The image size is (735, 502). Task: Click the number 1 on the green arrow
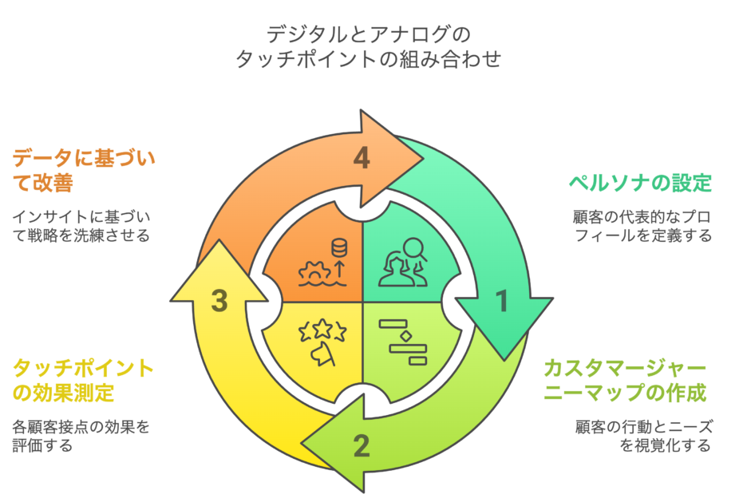coord(501,301)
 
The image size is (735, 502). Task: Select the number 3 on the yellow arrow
coord(220,301)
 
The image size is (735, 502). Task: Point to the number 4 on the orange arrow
coord(362,159)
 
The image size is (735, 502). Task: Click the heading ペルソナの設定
coord(639,183)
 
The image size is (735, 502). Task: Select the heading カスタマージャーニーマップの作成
coord(626,381)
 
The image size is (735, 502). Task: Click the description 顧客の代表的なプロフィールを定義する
coord(642,226)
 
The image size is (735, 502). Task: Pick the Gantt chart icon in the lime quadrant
coord(403,342)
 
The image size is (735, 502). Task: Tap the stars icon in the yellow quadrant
coord(322,341)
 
